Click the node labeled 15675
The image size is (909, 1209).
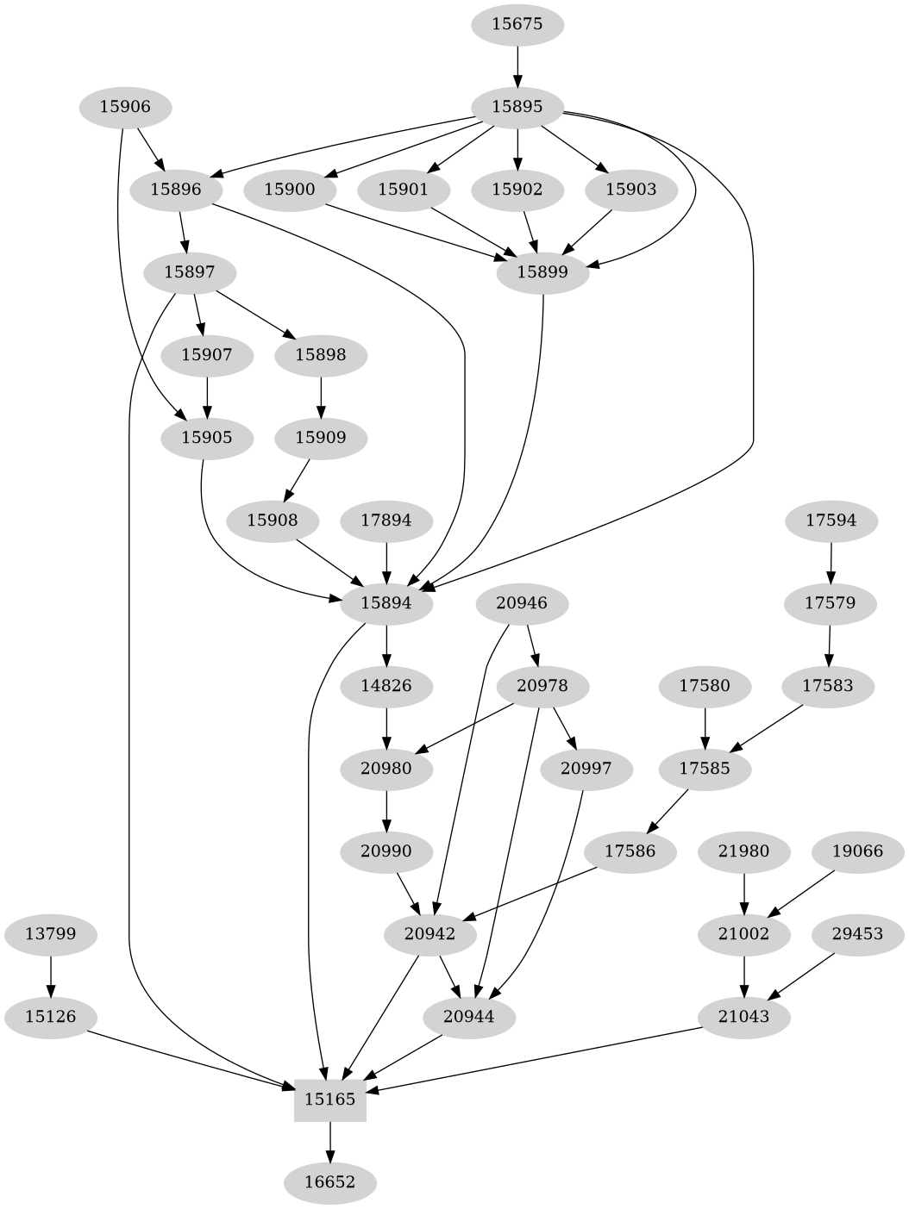[517, 24]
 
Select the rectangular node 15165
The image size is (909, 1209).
[330, 1100]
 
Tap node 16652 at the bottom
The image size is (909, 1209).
[330, 1181]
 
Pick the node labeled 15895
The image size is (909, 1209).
[517, 107]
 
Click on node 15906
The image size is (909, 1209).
[125, 107]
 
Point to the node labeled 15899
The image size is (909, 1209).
[542, 272]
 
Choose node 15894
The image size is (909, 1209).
[386, 603]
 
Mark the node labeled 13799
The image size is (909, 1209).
[51, 934]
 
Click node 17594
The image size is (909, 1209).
[831, 520]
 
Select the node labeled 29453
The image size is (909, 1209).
[857, 934]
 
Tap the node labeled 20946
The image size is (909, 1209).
[522, 603]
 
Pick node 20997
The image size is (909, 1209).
[586, 769]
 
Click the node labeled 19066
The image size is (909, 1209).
[857, 851]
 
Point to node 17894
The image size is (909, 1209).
[386, 520]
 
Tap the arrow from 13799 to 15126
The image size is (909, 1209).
[51, 975]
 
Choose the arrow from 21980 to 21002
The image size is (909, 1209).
[743, 893]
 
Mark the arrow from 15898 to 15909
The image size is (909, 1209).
[321, 396]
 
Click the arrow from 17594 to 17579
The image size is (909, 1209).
[831, 562]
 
